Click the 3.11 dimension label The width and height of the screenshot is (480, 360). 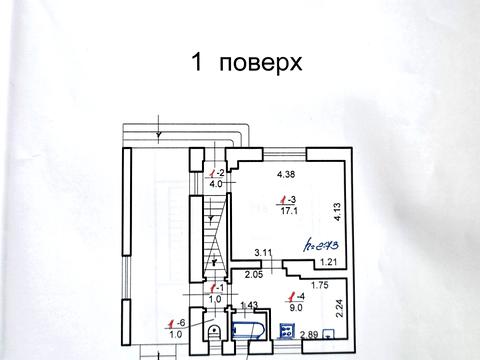264,253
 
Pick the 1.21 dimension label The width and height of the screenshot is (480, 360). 327,262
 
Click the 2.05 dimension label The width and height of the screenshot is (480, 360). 255,273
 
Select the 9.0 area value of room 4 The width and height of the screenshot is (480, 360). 294,309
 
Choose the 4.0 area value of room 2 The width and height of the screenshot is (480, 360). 215,185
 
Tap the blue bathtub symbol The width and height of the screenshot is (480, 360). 244,330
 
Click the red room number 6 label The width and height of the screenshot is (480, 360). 178,321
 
